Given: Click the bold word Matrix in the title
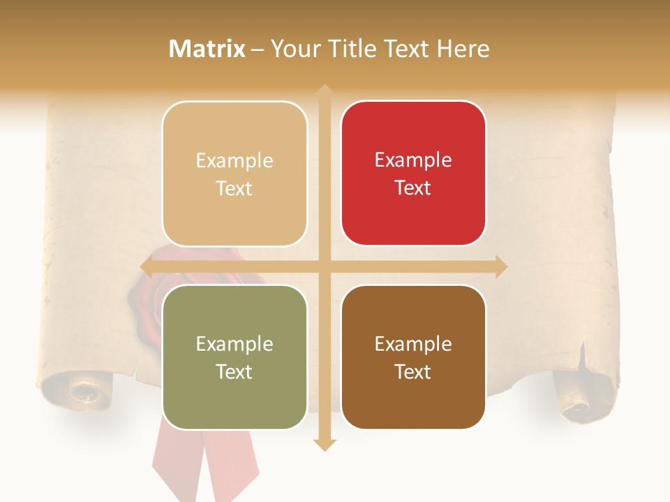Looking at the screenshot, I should pos(207,49).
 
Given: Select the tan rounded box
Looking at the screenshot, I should pos(234,174).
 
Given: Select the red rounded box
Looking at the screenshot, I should pos(413,174).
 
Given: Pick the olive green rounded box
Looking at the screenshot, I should pos(234,357).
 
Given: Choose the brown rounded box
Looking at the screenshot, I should pos(413,357).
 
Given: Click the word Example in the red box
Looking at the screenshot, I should pos(413,160).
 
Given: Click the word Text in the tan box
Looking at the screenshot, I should pos(234,189).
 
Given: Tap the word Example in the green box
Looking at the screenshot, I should pos(234,344).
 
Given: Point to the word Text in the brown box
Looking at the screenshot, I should pos(413,372).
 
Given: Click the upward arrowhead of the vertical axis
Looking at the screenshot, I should pos(324,91).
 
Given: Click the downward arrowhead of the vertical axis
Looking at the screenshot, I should pos(324,444).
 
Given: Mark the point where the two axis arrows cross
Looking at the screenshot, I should pos(324,266).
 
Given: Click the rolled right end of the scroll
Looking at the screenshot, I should pos(579,397).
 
